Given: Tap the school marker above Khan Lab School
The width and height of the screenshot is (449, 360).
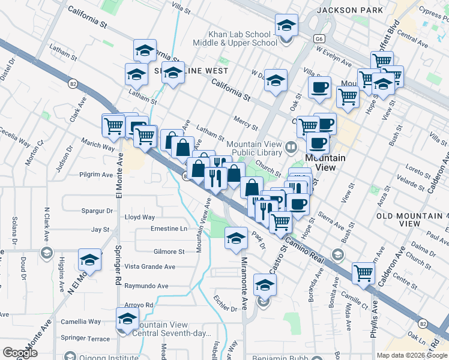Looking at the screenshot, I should tap(286, 27).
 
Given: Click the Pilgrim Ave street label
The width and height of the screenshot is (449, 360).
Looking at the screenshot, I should tap(99, 175).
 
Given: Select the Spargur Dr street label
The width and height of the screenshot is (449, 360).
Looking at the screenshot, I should tap(97, 211).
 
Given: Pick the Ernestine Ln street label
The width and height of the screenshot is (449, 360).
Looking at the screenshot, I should tap(169, 229).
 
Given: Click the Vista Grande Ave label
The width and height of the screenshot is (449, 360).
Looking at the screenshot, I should tap(149, 266).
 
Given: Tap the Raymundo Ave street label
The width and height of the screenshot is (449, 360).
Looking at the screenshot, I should tap(146, 286).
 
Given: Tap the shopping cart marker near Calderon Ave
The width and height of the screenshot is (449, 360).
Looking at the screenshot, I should tap(363, 274).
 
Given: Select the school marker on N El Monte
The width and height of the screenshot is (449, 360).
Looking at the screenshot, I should tap(89, 260).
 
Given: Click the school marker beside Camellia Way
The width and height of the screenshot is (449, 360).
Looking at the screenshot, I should tap(127, 319).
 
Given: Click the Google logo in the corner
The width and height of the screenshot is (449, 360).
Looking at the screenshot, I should tap(20, 352).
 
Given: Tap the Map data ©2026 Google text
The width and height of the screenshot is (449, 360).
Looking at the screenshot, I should tap(412, 355).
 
